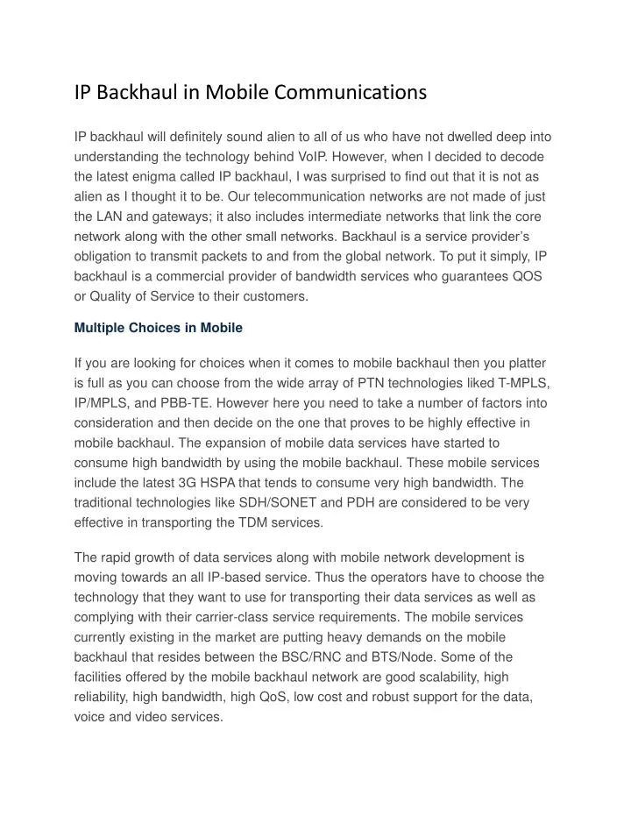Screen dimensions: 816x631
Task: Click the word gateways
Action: click(181, 216)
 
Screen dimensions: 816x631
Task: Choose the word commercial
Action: click(193, 276)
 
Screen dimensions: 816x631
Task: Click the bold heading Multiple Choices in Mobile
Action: click(158, 328)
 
